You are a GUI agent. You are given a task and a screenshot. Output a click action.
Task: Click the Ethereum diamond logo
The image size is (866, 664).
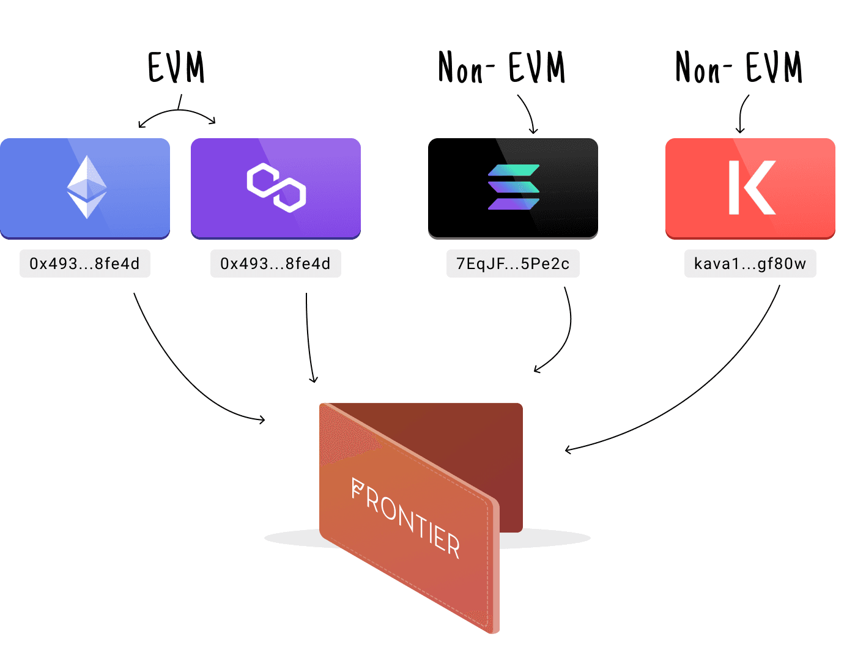87,187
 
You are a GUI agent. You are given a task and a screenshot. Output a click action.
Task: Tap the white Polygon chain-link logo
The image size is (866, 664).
276,187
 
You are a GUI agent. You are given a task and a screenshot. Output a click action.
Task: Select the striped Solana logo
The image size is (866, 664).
514,187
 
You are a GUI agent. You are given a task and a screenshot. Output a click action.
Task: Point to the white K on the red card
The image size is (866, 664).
752,187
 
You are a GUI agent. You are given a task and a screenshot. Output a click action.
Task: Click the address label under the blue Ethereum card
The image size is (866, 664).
85,264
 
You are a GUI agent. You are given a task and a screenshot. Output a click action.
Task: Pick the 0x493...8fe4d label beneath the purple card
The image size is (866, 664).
276,264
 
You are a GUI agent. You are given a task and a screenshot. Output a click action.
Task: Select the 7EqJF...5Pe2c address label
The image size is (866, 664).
513,264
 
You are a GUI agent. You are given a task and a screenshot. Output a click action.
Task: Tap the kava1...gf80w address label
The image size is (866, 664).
750,264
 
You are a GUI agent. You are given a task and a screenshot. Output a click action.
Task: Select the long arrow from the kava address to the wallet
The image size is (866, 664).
703,392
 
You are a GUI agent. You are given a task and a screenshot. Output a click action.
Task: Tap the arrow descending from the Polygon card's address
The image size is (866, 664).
308,336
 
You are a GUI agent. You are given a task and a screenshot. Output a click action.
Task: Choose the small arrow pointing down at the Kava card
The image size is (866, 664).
742,113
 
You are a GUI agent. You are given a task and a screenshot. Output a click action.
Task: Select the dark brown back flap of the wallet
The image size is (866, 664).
465,440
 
